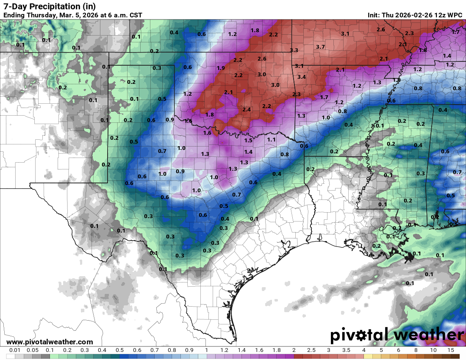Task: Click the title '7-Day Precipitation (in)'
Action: [x=50, y=6]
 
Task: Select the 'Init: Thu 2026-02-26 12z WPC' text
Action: [x=415, y=15]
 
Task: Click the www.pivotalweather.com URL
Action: [x=50, y=342]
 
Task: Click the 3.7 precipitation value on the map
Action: [x=320, y=47]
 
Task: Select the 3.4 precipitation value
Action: [x=302, y=77]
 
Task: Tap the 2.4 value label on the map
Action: [x=247, y=110]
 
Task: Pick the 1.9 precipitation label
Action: [x=221, y=68]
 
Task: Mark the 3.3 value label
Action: [x=294, y=50]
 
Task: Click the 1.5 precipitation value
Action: [x=248, y=141]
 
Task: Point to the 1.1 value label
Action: [x=272, y=139]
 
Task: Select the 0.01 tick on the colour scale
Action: [x=15, y=351]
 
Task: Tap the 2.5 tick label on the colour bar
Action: [x=311, y=351]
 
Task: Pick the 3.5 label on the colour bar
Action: [x=346, y=351]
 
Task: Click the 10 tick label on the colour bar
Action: [x=433, y=351]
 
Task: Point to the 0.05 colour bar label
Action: [x=32, y=351]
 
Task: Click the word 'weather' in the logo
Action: [x=427, y=335]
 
